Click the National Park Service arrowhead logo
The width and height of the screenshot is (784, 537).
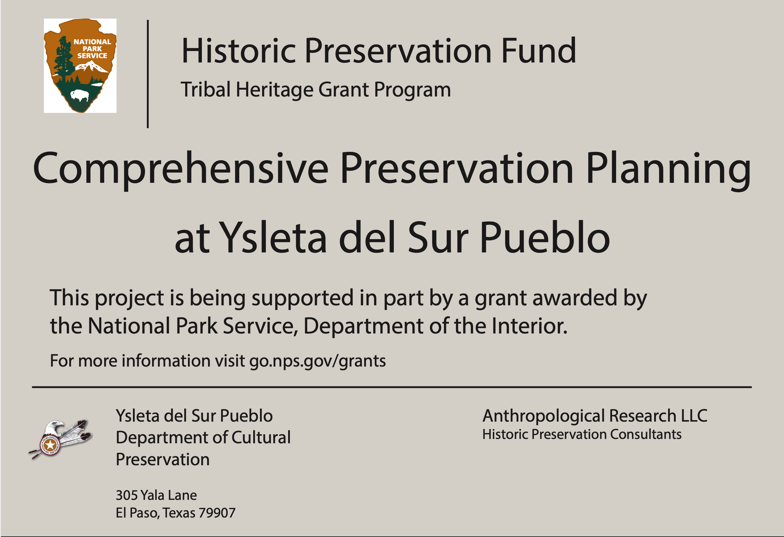(x=80, y=66)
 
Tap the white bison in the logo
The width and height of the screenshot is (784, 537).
(x=80, y=96)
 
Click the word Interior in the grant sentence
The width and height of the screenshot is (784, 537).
(x=529, y=326)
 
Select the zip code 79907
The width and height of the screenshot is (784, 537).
(x=217, y=513)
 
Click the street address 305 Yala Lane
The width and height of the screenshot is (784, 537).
(x=156, y=495)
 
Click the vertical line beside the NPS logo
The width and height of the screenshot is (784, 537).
(x=148, y=74)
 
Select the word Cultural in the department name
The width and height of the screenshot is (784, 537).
(x=261, y=437)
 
